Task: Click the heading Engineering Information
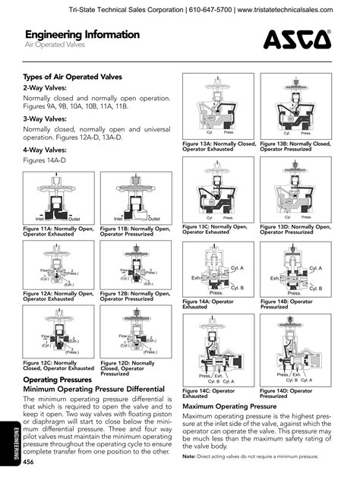[81, 35]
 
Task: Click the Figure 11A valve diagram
[57, 197]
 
